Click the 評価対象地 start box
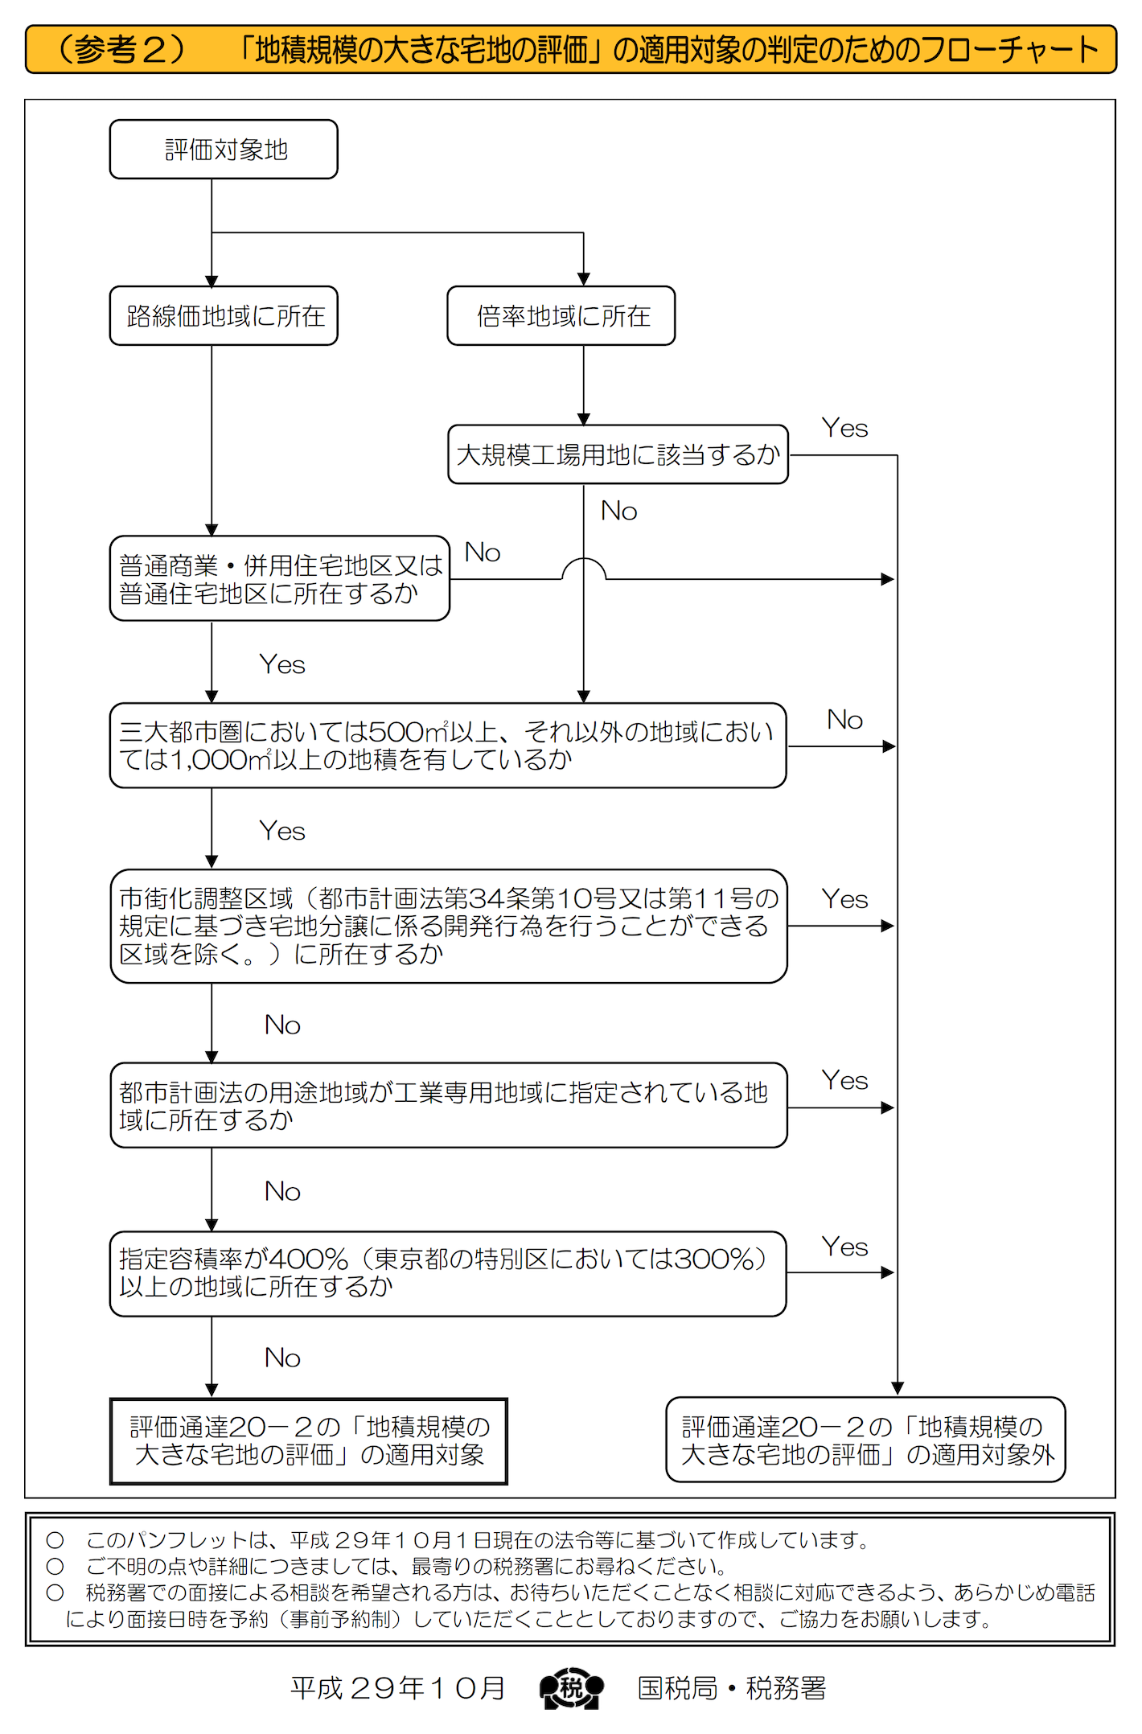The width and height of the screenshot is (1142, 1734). pos(224,150)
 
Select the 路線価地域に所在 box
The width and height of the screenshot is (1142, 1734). pos(224,316)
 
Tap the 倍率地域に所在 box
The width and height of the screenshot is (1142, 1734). pos(561,316)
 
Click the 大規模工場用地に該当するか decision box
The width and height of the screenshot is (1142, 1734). pos(618,455)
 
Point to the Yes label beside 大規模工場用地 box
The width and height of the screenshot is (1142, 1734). pos(844,429)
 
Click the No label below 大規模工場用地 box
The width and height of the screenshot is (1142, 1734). pos(618,512)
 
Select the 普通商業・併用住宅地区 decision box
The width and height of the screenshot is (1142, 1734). pos(279,579)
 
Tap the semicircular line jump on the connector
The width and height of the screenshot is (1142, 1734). pos(584,568)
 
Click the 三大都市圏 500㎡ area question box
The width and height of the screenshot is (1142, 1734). pos(447,746)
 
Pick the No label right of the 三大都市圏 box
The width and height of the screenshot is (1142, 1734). pos(844,720)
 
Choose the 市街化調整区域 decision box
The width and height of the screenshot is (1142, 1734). pos(448,927)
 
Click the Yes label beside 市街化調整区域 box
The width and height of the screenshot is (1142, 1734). pos(844,899)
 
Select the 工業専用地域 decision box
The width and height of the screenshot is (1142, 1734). pos(448,1106)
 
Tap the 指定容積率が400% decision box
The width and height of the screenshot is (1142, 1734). pos(447,1273)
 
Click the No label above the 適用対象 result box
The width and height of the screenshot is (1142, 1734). pos(282,1358)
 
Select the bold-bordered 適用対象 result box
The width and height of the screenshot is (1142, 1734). pos(309,1441)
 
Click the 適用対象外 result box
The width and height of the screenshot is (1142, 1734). pos(865,1440)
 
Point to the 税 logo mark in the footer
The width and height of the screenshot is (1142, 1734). pos(571,1688)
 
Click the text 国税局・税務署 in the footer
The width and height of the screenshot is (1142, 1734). pos(731,1688)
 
